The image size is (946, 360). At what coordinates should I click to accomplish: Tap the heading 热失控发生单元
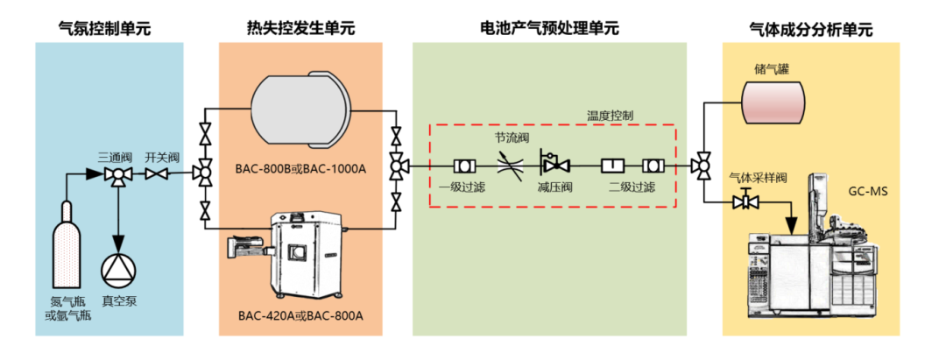[x=301, y=27]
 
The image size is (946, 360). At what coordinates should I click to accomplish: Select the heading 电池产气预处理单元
[x=549, y=27]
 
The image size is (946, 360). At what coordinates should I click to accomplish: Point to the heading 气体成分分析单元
[x=811, y=28]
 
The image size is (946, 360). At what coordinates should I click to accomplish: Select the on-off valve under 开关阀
[x=158, y=175]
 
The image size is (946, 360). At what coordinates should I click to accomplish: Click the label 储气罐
[x=772, y=68]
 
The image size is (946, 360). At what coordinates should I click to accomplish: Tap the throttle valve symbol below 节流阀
[x=508, y=164]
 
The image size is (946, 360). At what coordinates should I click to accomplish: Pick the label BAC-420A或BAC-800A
[x=301, y=316]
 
